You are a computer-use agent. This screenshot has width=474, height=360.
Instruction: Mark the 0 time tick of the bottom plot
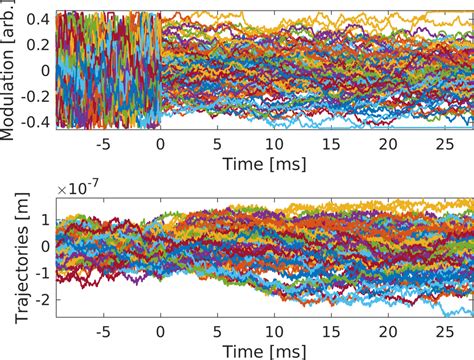(160, 331)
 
